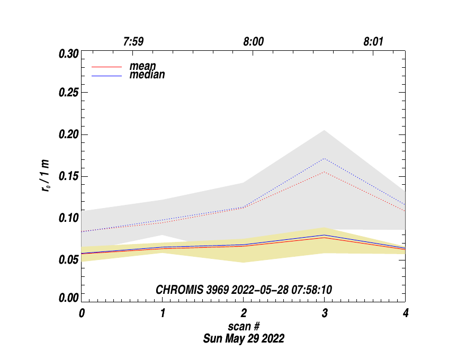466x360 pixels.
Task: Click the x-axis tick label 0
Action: [x=82, y=313]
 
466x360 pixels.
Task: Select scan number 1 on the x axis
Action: [x=163, y=313]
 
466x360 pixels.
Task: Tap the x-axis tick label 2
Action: [x=244, y=313]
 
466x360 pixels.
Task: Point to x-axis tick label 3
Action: [x=325, y=313]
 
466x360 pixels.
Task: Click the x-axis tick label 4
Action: [x=406, y=313]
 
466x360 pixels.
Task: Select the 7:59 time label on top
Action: [x=133, y=42]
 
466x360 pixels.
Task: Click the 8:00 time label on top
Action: [x=254, y=42]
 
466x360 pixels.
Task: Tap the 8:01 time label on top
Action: [x=374, y=42]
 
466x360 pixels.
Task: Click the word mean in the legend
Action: [x=143, y=67]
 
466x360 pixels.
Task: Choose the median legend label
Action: [x=147, y=75]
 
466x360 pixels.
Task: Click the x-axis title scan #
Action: [x=244, y=326]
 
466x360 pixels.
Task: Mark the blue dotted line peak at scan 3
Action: [x=324, y=158]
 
